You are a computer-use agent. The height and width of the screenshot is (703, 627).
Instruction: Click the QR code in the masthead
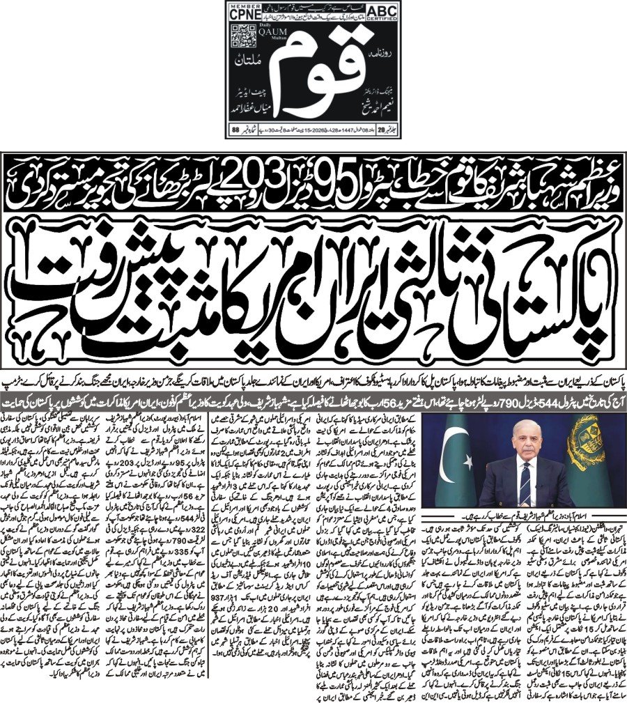point(240,35)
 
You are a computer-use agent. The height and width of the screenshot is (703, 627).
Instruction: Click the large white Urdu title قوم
point(309,77)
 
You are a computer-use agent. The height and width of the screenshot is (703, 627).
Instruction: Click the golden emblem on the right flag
point(589,439)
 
